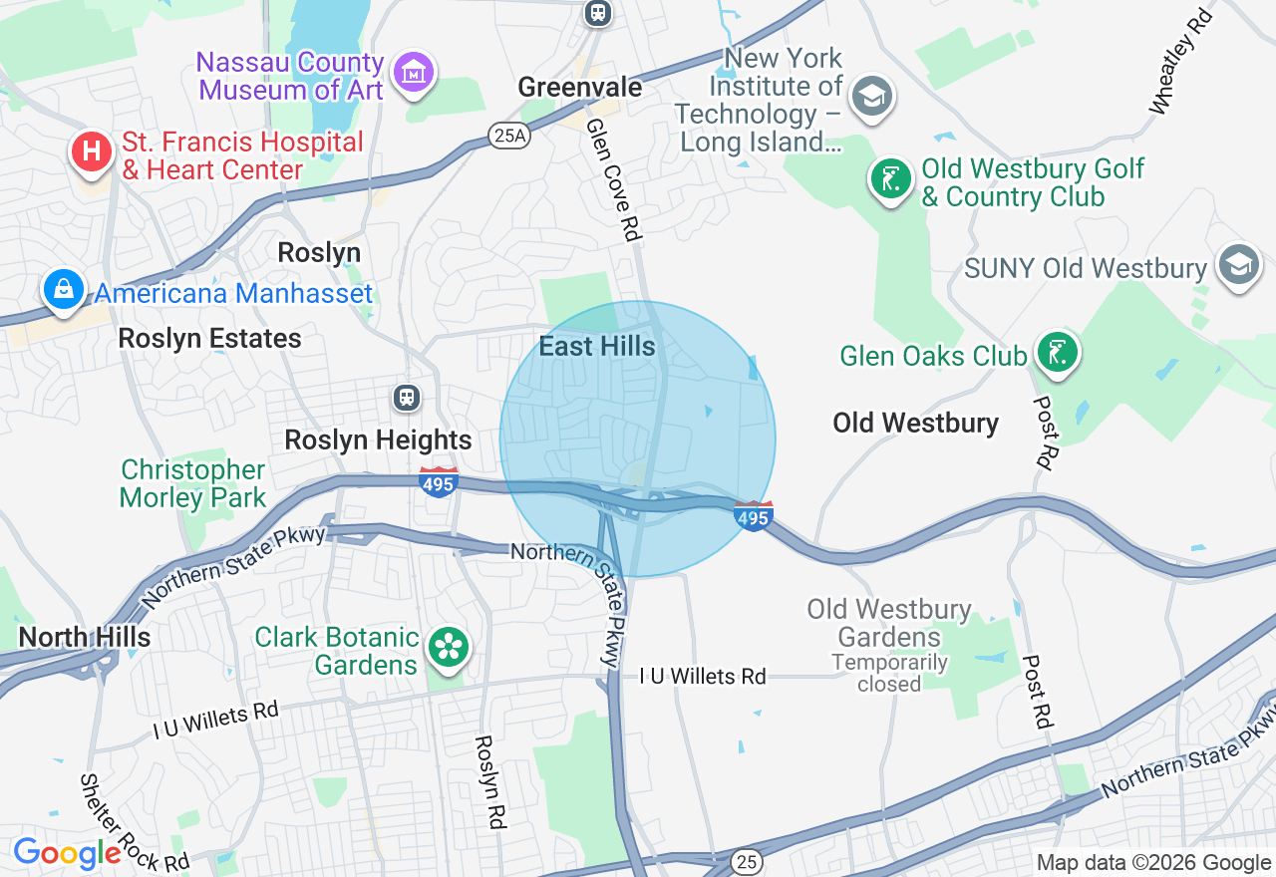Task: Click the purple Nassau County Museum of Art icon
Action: coord(414,73)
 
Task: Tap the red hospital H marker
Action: coord(92,153)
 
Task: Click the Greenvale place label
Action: coord(579,88)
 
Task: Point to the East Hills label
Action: coord(597,347)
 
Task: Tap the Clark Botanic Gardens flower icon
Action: coord(449,649)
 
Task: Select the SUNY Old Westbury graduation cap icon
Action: coord(1239,265)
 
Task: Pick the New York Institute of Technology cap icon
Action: coord(872,97)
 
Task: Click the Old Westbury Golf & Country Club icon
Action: coord(890,180)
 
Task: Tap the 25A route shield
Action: coord(508,136)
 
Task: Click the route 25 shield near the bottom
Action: coord(748,860)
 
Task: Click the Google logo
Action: coord(67,853)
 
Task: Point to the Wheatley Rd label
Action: coord(1182,62)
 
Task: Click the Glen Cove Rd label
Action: coord(612,180)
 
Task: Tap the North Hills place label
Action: coord(85,638)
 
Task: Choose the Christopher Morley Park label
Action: coord(193,483)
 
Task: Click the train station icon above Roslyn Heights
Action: coord(406,399)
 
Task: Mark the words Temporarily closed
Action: coord(889,673)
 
